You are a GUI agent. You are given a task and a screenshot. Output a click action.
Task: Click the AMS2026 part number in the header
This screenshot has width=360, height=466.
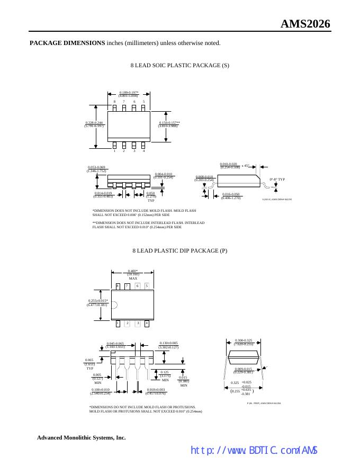[305, 24]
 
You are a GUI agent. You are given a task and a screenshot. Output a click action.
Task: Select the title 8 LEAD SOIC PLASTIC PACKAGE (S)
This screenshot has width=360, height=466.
[179, 65]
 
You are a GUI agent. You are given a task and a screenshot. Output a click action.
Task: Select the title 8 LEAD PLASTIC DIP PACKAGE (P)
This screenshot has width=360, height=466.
[179, 250]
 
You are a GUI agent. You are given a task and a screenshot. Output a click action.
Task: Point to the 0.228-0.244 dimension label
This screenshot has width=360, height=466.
[94, 124]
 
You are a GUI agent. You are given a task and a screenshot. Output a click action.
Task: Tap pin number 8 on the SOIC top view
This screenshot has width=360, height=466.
[114, 102]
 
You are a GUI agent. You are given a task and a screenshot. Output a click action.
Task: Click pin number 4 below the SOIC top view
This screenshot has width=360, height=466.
[143, 151]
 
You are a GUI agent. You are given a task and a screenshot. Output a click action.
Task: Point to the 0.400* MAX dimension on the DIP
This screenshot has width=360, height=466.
[133, 274]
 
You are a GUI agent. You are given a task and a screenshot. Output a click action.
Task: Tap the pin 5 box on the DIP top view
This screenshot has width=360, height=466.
[147, 286]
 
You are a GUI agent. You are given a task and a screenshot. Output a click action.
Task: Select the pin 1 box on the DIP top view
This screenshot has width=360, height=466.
[118, 323]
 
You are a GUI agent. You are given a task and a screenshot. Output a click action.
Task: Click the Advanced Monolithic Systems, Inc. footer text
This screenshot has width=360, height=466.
[81, 437]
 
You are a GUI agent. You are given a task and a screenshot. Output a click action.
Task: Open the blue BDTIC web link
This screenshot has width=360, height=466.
[254, 450]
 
